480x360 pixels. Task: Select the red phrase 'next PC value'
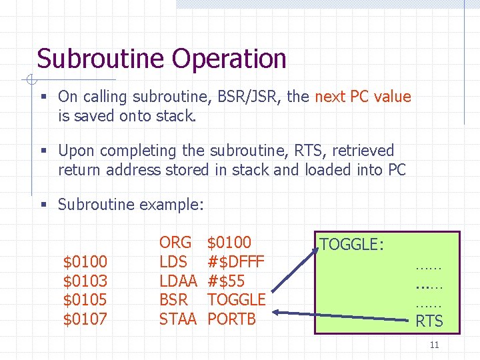363,97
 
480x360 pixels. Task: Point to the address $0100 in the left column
85,261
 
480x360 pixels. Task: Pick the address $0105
85,299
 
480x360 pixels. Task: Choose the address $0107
85,319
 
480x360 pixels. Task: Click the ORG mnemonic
175,242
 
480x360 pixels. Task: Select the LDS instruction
173,261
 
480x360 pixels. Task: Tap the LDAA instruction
178,281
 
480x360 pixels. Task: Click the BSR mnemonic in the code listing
173,300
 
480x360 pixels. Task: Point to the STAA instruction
178,319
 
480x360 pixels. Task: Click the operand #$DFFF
236,261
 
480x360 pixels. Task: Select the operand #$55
226,281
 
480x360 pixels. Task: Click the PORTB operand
231,319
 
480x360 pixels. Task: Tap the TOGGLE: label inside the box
351,245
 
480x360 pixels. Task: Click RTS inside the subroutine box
429,321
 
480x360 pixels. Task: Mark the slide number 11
434,345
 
